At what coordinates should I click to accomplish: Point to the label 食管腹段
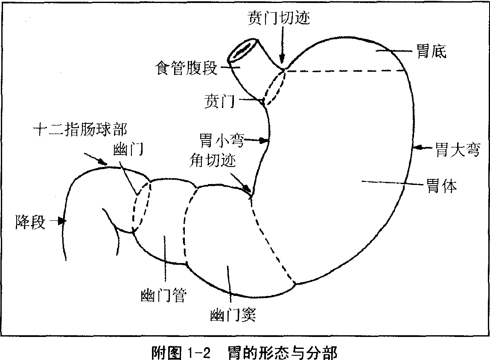point(186,68)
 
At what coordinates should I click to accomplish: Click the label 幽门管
point(163,295)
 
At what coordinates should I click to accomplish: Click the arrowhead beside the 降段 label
point(63,221)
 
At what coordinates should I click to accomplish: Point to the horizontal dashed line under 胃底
point(346,71)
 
